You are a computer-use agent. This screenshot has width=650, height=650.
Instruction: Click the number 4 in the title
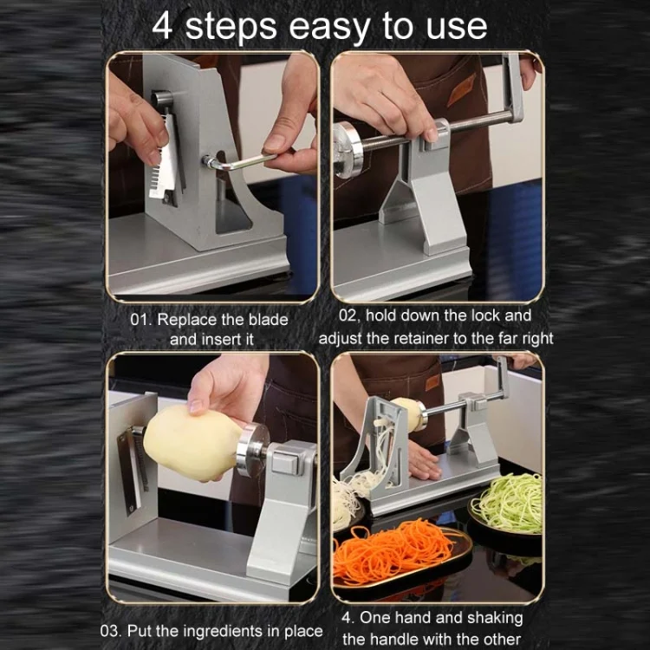tap(162, 27)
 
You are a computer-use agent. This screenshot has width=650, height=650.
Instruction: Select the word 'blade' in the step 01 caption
tap(268, 320)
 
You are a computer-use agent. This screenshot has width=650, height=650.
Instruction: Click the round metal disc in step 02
tap(348, 150)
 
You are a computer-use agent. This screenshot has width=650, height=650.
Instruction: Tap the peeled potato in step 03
tap(192, 443)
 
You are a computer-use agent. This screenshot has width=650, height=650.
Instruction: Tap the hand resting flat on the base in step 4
tap(422, 461)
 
